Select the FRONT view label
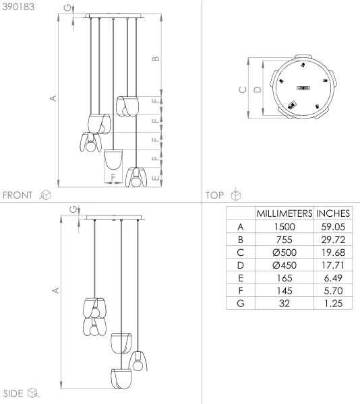point(18,195)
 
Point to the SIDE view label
point(13,393)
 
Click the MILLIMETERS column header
point(284,213)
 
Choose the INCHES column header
point(333,213)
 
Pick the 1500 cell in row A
point(284,226)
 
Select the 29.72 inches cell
point(333,239)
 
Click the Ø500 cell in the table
point(284,252)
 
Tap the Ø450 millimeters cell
point(284,265)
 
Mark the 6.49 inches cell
point(333,277)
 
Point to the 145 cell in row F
point(284,290)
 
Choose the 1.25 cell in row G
point(333,303)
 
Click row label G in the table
point(240,303)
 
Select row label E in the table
point(240,277)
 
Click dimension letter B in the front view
point(156,59)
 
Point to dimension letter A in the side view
point(56,290)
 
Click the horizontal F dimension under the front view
point(113,178)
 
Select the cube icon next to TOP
point(235,195)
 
